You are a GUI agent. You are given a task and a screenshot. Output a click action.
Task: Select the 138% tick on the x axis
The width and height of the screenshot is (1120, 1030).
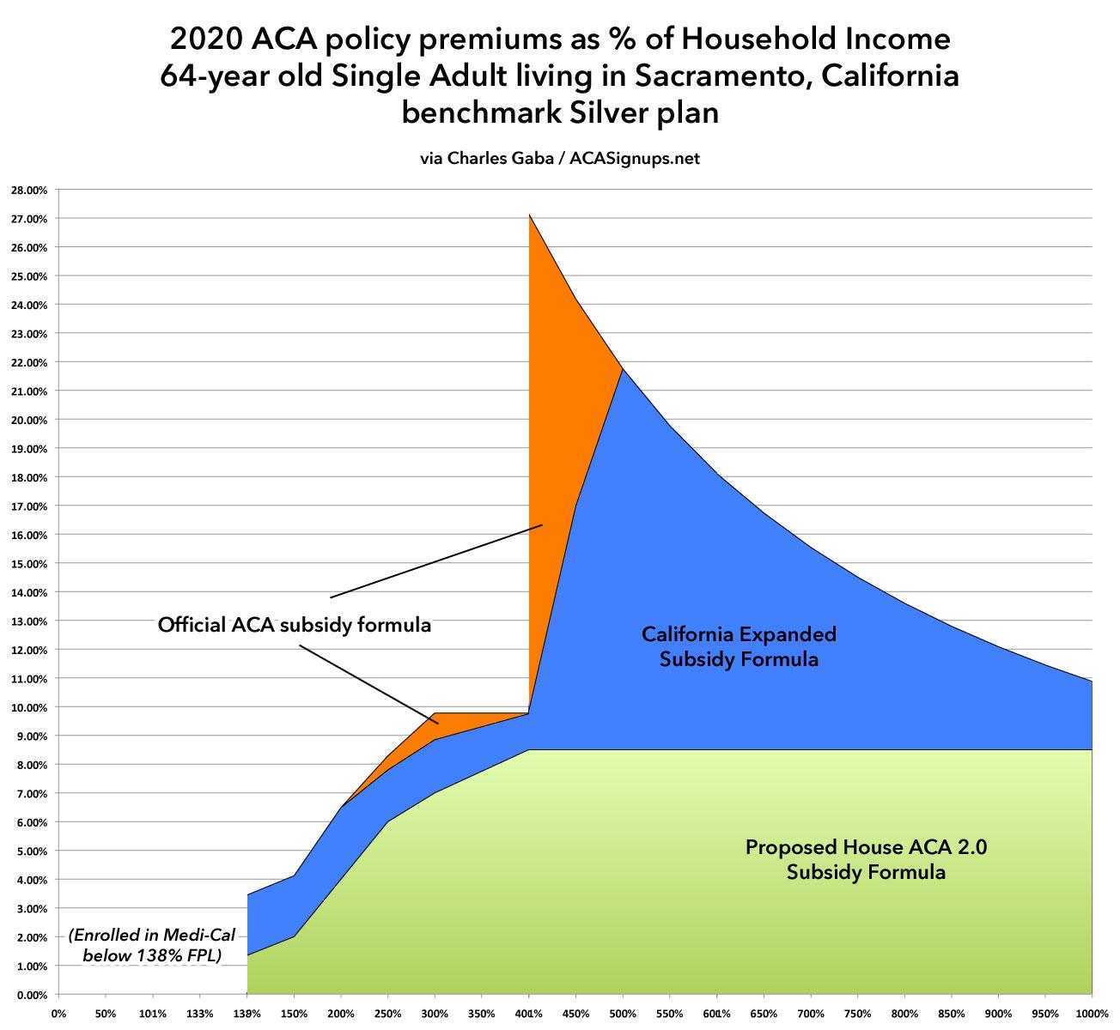tap(247, 1014)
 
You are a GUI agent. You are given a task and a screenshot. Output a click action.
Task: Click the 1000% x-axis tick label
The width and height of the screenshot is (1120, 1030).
tap(1092, 1014)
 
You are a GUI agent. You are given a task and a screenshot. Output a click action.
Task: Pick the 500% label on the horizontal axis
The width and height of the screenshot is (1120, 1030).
tap(623, 1014)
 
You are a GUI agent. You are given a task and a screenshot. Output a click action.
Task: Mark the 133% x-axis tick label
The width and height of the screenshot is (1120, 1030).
tap(200, 1014)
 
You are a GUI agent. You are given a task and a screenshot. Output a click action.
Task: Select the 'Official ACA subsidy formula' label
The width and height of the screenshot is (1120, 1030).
tap(294, 625)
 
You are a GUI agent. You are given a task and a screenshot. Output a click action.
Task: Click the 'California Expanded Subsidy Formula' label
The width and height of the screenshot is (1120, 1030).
tap(739, 646)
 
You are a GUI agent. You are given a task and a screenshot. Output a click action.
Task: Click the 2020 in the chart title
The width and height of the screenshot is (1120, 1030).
tap(203, 39)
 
